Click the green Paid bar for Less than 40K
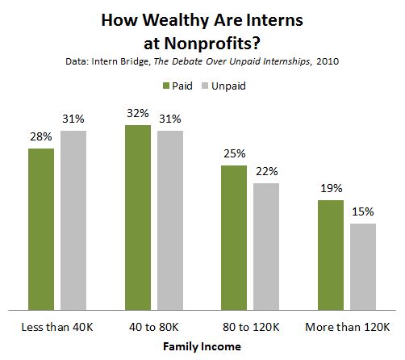pos(41,229)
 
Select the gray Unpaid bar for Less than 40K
pos(73,220)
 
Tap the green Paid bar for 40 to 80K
pos(138,218)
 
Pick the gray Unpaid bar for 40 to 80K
pos(170,220)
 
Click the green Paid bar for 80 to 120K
pos(234,238)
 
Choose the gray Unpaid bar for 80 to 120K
pos(266,247)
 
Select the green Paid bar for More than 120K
pos(331,255)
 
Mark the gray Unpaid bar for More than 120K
pos(363,267)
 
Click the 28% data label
pos(41,136)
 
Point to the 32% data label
pos(138,113)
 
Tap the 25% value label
pos(235,153)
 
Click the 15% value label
pos(363,211)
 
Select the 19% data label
pos(332,188)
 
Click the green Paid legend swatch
pos(166,86)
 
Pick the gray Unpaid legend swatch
pos(205,86)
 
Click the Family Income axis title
pos(202,346)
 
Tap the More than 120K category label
pos(348,327)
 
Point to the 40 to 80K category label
pos(154,327)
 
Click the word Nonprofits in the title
pos(212,44)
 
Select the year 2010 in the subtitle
pos(328,61)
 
